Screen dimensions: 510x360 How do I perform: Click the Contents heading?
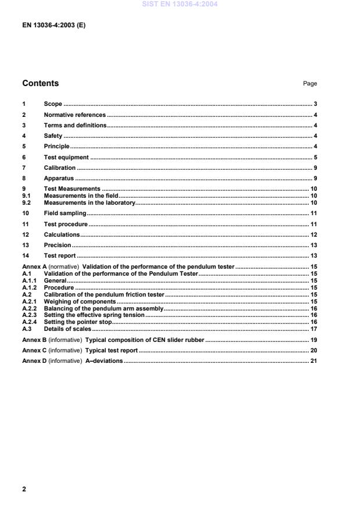click(x=41, y=83)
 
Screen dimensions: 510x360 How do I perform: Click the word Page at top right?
click(x=310, y=84)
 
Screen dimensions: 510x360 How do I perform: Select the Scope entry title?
click(x=53, y=105)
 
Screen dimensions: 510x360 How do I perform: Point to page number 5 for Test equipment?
click(x=315, y=158)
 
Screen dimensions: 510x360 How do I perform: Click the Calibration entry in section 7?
click(x=60, y=168)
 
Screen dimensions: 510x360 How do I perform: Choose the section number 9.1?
click(x=27, y=196)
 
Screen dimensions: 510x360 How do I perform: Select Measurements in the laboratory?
click(x=90, y=202)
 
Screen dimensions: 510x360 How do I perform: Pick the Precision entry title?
click(x=58, y=245)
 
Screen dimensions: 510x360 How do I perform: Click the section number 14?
click(x=26, y=256)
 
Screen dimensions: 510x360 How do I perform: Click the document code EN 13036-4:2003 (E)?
click(x=54, y=25)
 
